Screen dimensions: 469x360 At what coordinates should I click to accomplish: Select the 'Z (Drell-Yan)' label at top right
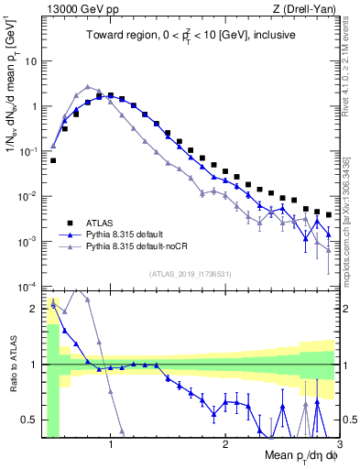coord(310,9)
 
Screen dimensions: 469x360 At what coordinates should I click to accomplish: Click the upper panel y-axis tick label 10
coord(31,61)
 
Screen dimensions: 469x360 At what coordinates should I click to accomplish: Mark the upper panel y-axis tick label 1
coord(34,106)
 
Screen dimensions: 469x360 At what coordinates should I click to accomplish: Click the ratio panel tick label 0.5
coord(30,420)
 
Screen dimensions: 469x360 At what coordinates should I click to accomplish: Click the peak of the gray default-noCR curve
coord(87,86)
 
